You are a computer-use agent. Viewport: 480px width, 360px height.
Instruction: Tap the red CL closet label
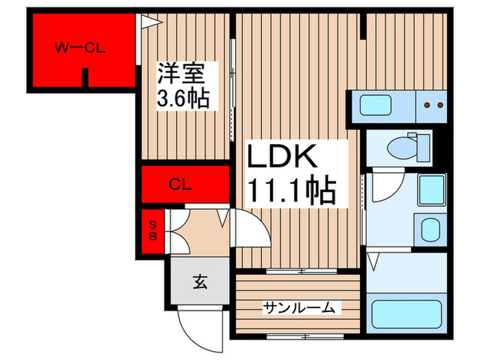[x=181, y=184]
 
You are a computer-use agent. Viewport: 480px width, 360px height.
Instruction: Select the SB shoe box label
[x=154, y=232]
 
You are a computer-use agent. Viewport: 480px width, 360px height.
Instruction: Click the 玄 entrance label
[x=200, y=281]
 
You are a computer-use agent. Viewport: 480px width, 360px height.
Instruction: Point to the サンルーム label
[x=300, y=309]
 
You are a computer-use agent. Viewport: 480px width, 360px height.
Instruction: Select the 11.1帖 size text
[x=291, y=192]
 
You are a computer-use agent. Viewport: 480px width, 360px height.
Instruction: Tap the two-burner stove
[x=432, y=106]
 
